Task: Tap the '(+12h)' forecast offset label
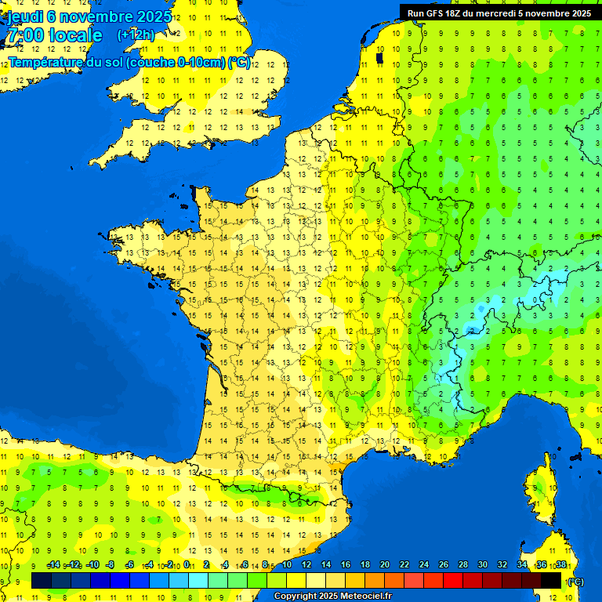pyautogui.click(x=136, y=35)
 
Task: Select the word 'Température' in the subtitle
pyautogui.click(x=47, y=62)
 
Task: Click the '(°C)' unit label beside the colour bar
pyautogui.click(x=575, y=581)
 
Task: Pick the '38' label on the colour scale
pyautogui.click(x=560, y=565)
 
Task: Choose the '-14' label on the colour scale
pyautogui.click(x=54, y=565)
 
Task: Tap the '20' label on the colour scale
pyautogui.click(x=385, y=565)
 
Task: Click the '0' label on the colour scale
pyautogui.click(x=187, y=565)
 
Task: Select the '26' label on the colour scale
pyautogui.click(x=444, y=565)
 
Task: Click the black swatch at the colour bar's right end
pyautogui.click(x=551, y=581)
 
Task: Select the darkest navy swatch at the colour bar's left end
pyautogui.click(x=42, y=581)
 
